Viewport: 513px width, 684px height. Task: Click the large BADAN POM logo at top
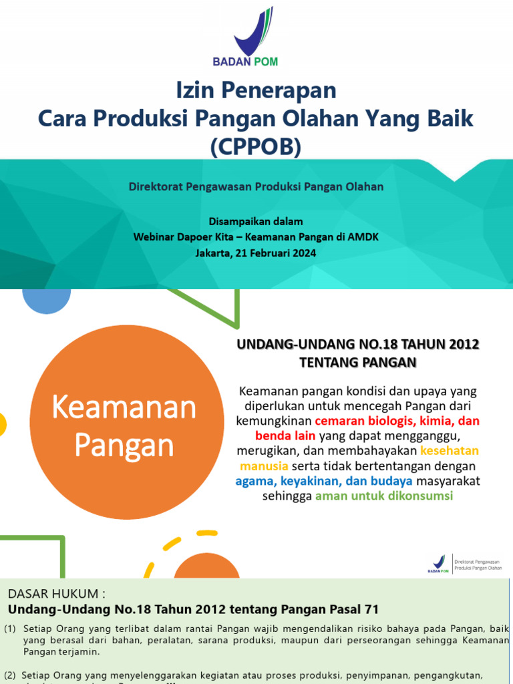[254, 36]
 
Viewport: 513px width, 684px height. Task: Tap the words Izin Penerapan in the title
[256, 90]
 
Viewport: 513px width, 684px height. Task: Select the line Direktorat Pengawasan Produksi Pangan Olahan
[256, 187]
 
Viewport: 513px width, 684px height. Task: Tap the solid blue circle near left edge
[46, 298]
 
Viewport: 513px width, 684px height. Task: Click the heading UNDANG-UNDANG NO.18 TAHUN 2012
[359, 345]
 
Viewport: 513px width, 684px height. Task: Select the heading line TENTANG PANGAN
[359, 363]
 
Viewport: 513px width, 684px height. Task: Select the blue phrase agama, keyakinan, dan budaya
[324, 482]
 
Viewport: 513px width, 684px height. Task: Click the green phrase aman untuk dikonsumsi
[384, 496]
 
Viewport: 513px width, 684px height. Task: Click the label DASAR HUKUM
[56, 594]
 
